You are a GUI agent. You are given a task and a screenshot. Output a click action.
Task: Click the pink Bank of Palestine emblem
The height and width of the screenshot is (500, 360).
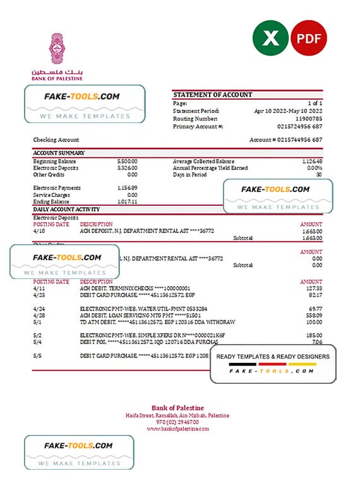(x=57, y=49)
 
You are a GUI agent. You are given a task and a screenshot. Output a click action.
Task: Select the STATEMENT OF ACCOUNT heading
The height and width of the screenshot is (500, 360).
(x=212, y=95)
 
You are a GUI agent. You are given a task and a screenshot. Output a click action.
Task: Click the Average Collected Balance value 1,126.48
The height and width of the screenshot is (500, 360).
(x=309, y=161)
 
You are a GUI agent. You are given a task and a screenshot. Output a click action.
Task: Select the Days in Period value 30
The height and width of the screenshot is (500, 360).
(x=319, y=175)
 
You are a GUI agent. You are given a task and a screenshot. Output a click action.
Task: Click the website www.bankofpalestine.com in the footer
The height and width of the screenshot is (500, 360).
(x=177, y=429)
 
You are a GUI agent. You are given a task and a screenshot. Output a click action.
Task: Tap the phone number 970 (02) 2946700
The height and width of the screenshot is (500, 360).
(x=177, y=422)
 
